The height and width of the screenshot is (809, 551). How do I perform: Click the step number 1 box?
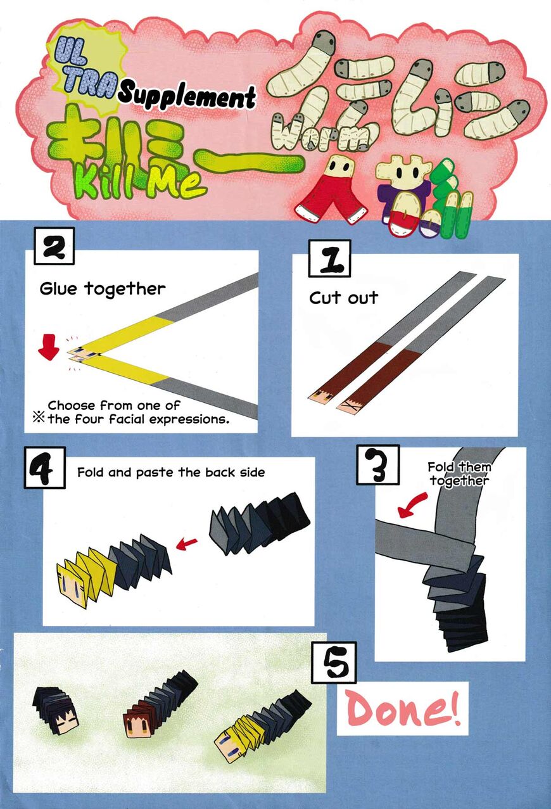(329, 258)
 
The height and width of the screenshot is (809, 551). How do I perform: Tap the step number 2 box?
(54, 246)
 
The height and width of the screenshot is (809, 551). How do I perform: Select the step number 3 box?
(378, 465)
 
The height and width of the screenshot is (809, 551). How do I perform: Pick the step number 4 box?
(45, 468)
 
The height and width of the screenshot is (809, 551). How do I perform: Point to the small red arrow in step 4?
(187, 543)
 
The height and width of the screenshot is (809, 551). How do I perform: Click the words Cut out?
(343, 298)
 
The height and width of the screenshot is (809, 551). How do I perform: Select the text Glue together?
(103, 289)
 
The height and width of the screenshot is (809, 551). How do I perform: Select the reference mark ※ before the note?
(39, 418)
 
